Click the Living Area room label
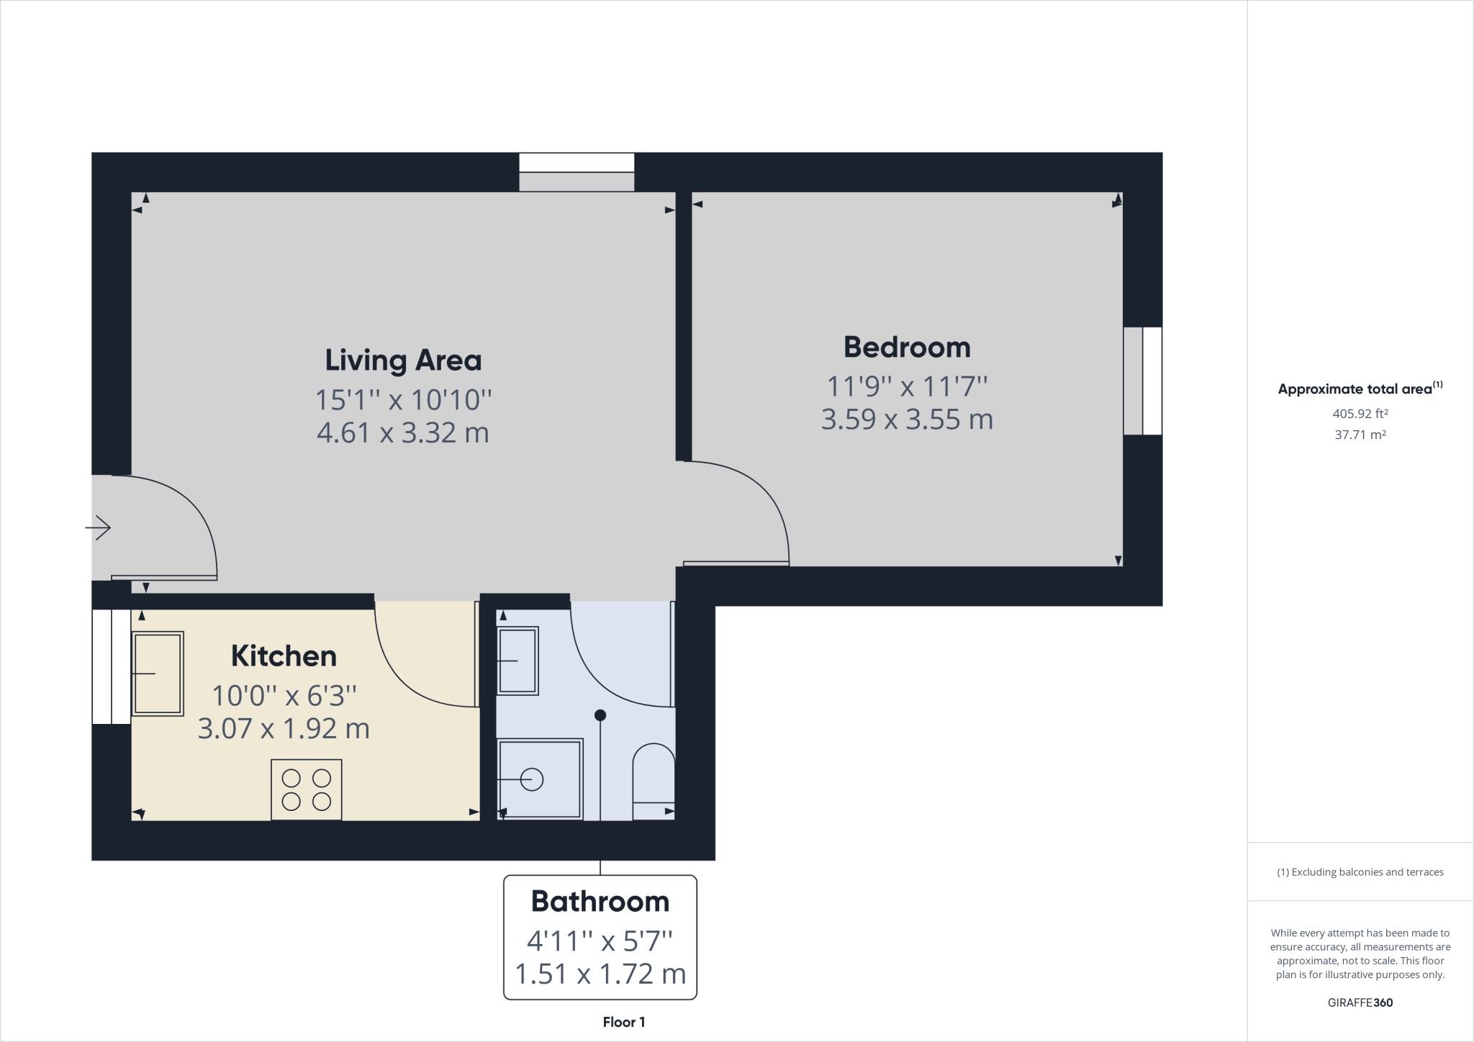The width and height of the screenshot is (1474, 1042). [403, 361]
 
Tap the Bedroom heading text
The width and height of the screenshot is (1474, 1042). [907, 348]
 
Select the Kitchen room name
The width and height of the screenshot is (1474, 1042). [284, 656]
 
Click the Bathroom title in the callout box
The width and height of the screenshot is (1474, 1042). [600, 902]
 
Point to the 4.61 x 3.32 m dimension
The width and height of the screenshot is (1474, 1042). [403, 433]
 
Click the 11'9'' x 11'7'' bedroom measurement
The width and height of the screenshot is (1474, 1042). [907, 386]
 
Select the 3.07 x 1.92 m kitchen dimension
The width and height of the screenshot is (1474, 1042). [284, 729]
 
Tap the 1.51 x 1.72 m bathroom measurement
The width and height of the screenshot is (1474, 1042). [600, 974]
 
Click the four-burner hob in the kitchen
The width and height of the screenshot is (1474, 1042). [306, 789]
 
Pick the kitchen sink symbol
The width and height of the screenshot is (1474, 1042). [158, 674]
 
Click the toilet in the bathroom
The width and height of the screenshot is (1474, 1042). [654, 781]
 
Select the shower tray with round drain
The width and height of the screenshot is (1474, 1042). [539, 779]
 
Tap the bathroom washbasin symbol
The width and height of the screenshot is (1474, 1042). [517, 661]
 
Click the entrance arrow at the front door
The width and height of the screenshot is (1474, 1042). [99, 528]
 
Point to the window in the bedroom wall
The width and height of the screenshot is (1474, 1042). [1143, 381]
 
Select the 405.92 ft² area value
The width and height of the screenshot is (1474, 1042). [1360, 414]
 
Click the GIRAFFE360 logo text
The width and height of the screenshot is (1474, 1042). [1360, 1002]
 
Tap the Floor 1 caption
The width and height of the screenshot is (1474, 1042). [623, 1022]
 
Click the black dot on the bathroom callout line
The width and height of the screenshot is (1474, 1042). [600, 715]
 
